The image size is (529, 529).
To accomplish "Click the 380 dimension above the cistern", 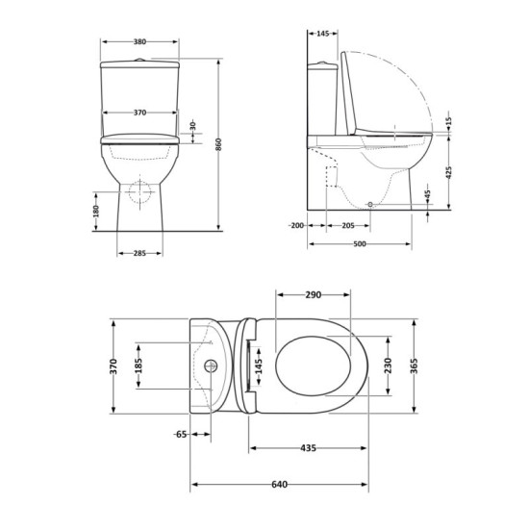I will click(x=140, y=42).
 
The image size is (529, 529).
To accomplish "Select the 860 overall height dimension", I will click(x=219, y=143).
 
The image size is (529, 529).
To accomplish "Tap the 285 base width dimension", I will click(x=140, y=254).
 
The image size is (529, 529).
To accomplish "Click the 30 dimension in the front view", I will click(x=193, y=127).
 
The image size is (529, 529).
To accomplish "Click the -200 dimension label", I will click(x=295, y=226).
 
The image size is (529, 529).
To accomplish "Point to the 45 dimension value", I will click(x=428, y=196).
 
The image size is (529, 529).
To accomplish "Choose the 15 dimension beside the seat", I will click(x=448, y=124).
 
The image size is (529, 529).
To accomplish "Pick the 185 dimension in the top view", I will click(x=139, y=365).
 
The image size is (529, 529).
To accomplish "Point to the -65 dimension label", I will click(x=181, y=435).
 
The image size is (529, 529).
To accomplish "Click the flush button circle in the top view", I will click(x=212, y=366).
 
